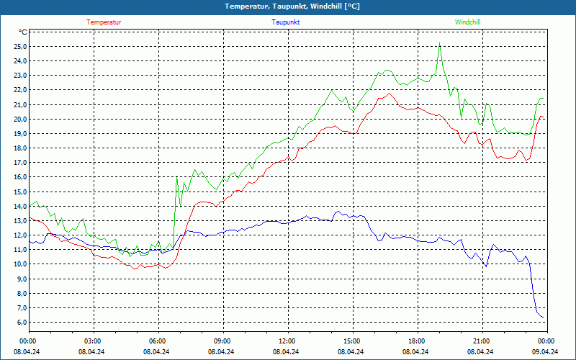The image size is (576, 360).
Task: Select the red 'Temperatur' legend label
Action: pos(104,22)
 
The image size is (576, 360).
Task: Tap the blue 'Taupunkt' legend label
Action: pos(286,22)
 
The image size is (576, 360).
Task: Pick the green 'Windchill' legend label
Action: pos(467,22)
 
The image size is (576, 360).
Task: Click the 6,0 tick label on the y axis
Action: pos(22,322)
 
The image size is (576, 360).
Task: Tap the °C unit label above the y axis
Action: pos(23,32)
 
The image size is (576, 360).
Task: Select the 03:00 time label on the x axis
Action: pos(93,341)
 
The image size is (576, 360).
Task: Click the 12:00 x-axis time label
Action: pos(287,341)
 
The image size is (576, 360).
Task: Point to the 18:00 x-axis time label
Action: pos(416,341)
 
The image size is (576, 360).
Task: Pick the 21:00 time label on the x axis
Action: pos(481,341)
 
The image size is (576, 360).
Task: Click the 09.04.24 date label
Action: pos(546,352)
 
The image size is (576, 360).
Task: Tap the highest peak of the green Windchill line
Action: pos(439,42)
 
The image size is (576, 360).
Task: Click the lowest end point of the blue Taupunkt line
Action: pos(544,318)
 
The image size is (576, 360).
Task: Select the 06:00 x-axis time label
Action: pos(157,341)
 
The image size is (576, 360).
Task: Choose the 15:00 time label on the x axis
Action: pos(351,341)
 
